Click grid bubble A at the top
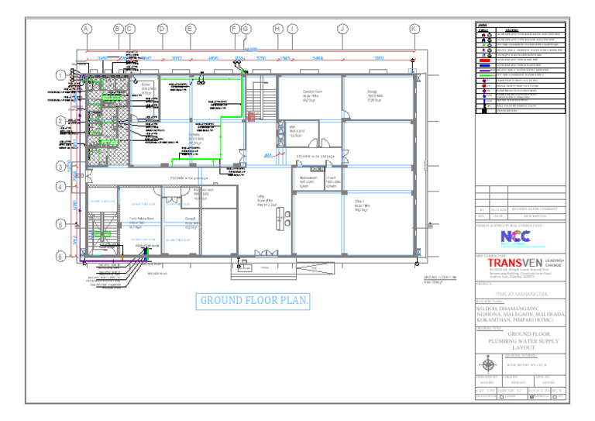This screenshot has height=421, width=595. point(86,29)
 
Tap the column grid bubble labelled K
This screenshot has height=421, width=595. point(414,29)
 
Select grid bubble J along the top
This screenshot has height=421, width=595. point(342,29)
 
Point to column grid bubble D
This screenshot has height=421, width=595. point(163,29)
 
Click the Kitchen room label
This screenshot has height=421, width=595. point(146,86)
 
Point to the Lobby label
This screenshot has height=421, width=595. point(262,200)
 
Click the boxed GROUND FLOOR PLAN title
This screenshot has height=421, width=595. point(253,301)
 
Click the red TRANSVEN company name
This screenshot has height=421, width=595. point(515,264)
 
